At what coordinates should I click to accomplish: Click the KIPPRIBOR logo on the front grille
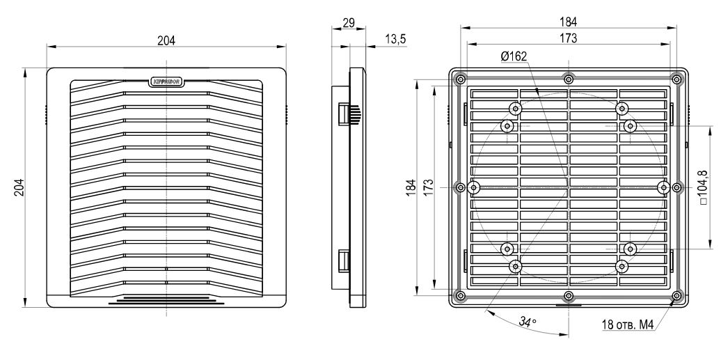166,80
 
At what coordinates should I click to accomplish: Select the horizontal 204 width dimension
166,40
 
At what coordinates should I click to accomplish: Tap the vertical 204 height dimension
19,187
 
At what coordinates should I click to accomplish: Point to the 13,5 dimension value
395,40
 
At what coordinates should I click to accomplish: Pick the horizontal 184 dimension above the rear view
569,22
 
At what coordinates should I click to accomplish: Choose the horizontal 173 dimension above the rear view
569,39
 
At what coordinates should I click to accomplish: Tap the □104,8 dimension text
715,187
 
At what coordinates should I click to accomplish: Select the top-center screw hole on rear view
569,77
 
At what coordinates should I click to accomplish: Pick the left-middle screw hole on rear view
460,187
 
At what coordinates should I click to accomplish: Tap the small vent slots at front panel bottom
166,299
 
